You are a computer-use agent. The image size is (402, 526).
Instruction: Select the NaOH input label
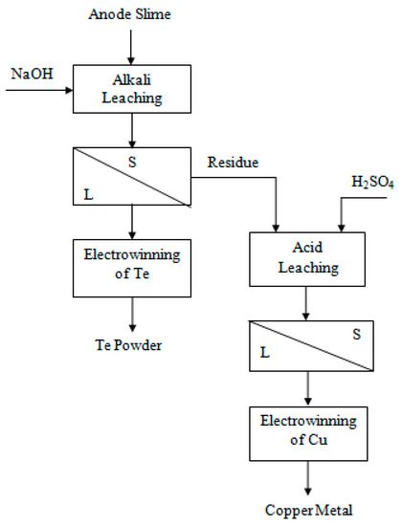32,73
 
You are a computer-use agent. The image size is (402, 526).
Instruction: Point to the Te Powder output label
135,345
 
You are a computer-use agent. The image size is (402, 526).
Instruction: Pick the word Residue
233,163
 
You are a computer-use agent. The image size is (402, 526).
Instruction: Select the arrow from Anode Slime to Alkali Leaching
135,43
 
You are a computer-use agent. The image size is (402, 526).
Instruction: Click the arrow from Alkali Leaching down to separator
135,129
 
